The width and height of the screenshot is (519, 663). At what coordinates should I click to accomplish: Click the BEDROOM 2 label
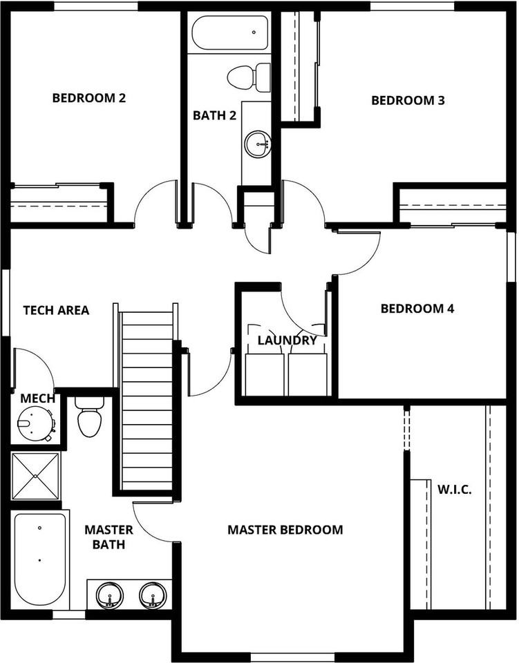click(89, 97)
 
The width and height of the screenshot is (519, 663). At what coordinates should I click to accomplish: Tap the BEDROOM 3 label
click(408, 100)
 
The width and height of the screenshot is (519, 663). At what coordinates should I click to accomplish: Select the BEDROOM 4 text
click(417, 308)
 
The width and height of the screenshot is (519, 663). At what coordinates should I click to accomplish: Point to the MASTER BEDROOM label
click(285, 530)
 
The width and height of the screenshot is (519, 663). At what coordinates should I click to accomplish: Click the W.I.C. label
click(454, 490)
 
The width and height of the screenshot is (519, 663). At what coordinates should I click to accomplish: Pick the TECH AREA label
click(56, 310)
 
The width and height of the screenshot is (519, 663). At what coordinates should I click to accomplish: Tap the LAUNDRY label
click(287, 340)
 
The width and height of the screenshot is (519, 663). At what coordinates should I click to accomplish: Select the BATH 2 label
click(214, 115)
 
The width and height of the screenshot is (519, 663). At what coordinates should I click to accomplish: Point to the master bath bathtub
click(39, 560)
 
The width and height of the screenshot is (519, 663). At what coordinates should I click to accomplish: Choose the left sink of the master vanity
click(108, 595)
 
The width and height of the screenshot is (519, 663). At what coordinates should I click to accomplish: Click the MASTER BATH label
click(109, 537)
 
